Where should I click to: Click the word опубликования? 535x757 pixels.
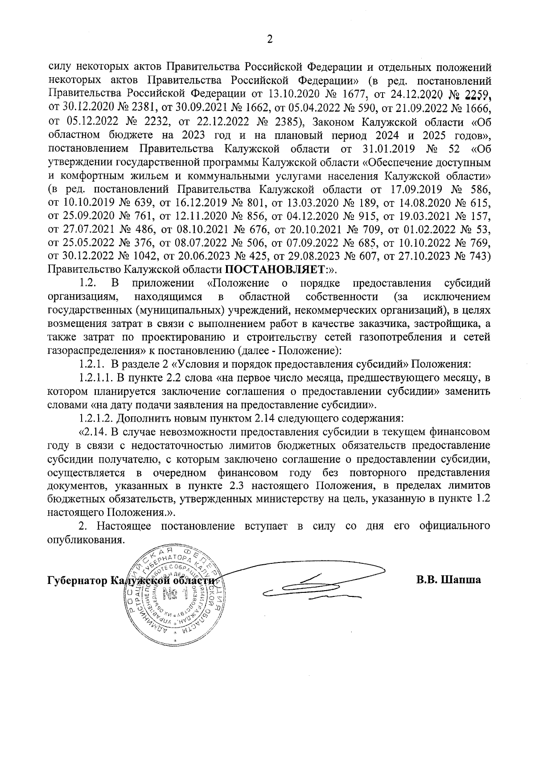pos(84,539)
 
